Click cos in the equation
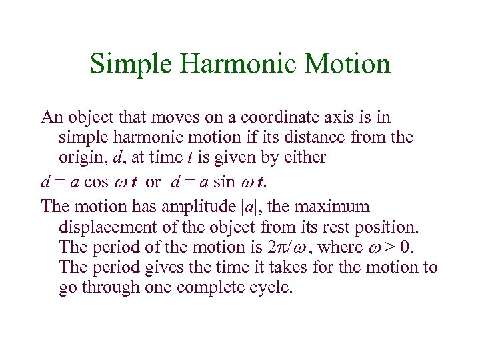coord(97,182)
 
